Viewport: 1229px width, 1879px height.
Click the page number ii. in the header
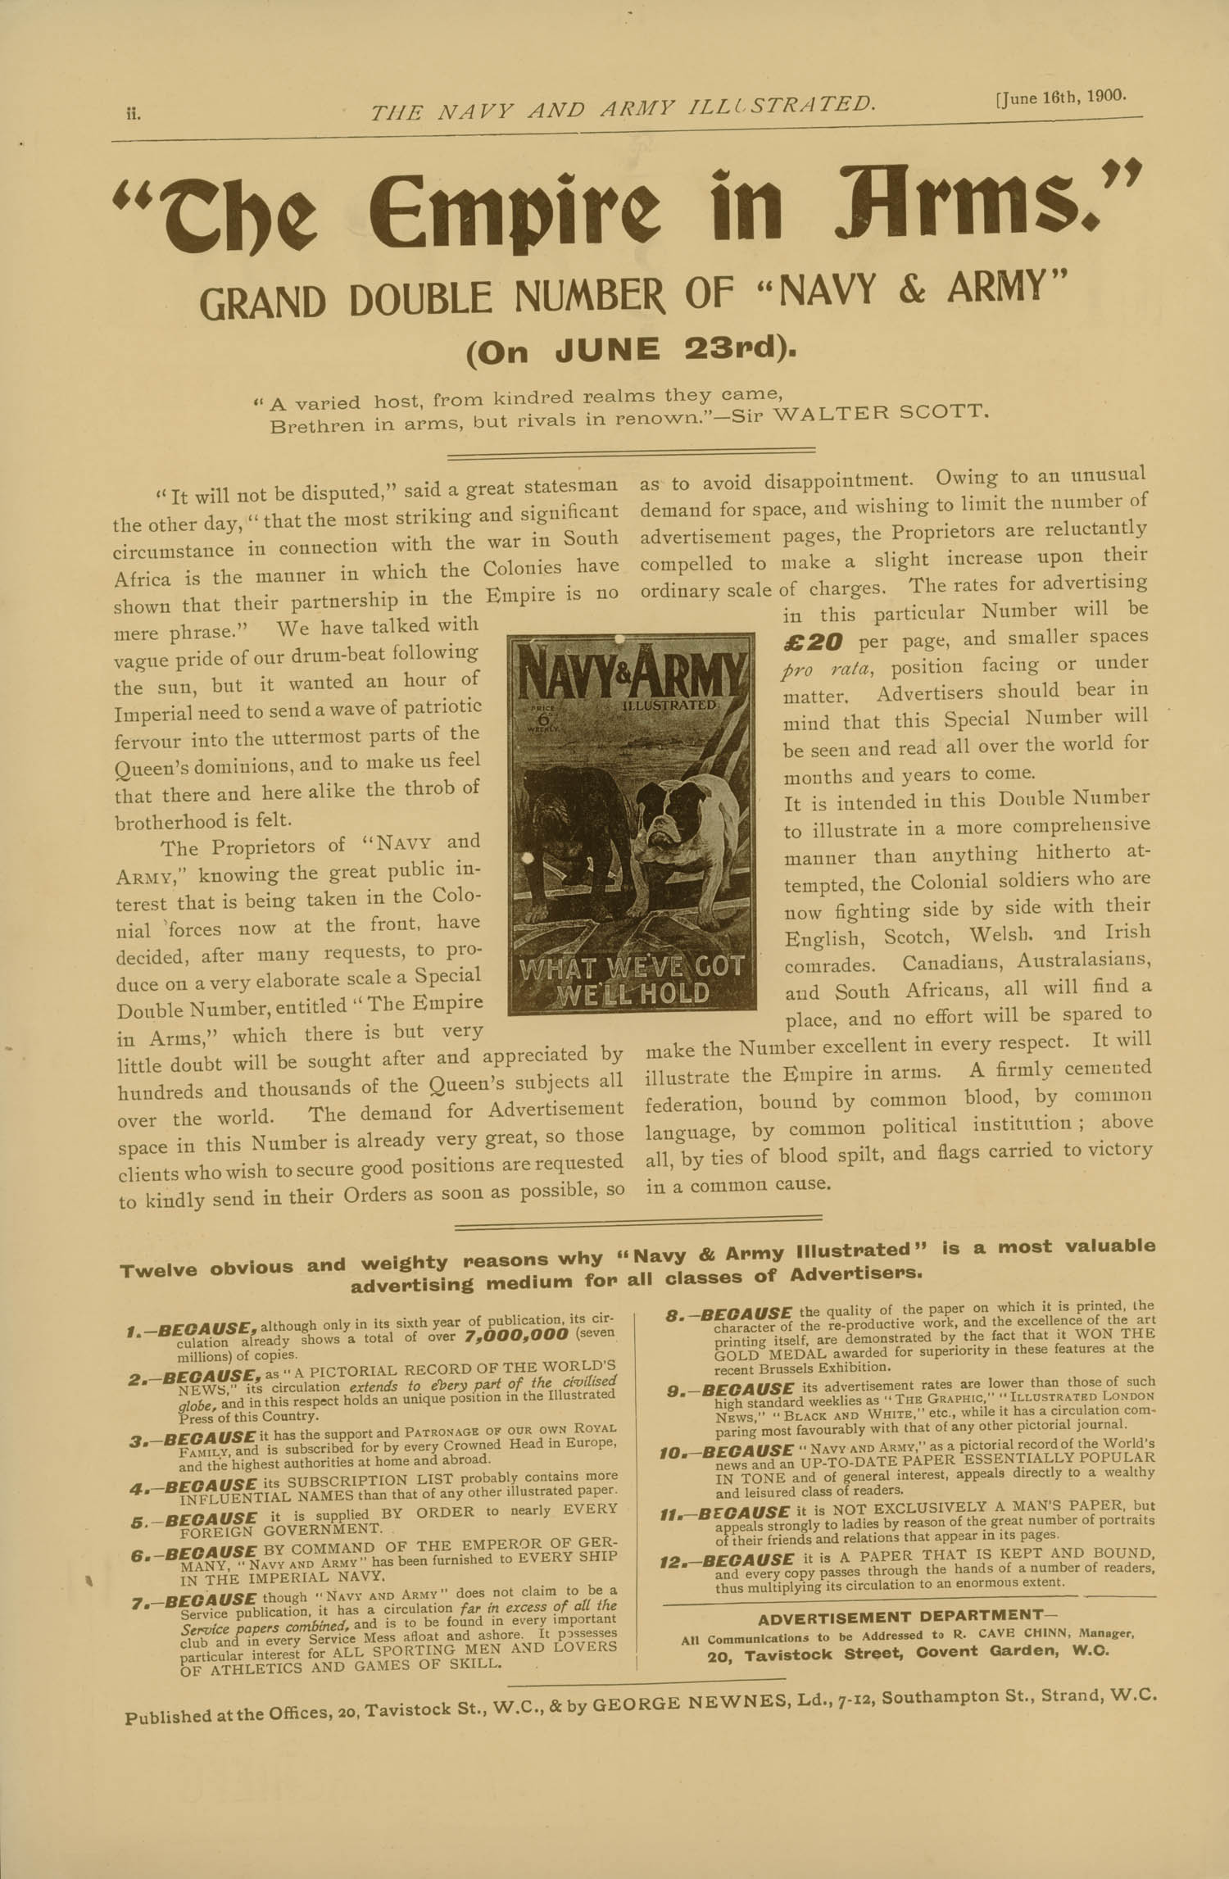coord(133,114)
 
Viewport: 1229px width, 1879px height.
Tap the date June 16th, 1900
coord(1060,96)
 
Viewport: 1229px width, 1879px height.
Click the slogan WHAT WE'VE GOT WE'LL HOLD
coord(632,981)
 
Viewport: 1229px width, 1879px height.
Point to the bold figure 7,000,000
coord(516,1335)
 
